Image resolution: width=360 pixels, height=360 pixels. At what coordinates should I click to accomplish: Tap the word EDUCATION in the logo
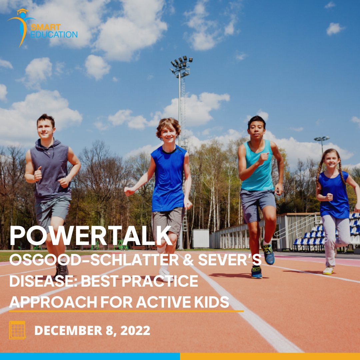[54, 34]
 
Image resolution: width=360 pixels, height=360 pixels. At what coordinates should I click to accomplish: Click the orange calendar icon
[17, 330]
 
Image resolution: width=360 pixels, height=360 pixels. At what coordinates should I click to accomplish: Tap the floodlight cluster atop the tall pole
[181, 65]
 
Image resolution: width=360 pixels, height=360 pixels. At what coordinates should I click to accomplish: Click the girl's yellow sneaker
[328, 270]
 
